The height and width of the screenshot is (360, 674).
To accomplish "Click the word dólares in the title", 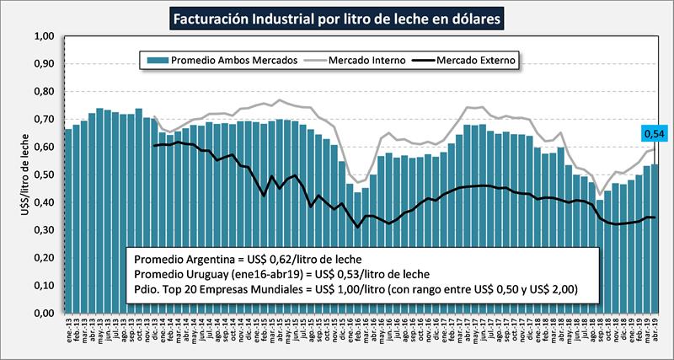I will pos(477,17).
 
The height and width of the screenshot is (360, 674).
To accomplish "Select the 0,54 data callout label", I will pos(653,132).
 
